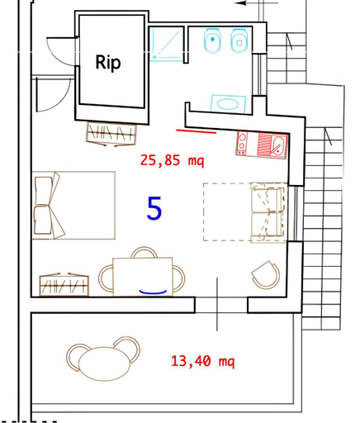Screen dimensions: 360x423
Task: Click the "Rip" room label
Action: [x=108, y=63]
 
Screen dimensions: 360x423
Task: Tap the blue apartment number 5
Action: [x=154, y=208]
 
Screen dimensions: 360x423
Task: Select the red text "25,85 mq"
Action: [x=173, y=160]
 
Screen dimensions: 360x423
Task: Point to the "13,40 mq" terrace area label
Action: [x=203, y=361]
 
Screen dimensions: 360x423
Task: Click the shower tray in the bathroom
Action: [x=167, y=44]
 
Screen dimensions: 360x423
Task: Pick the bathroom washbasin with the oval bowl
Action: [x=228, y=104]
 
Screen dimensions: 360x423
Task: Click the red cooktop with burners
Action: [x=242, y=143]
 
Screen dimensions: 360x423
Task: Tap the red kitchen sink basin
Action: [x=278, y=145]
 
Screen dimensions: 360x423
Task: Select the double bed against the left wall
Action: [x=73, y=205]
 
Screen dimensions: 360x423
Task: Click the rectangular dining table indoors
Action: [x=143, y=277]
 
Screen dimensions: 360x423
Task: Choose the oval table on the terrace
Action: [x=104, y=364]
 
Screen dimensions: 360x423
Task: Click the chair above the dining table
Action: [x=144, y=251]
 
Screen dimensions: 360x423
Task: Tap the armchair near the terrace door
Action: [x=266, y=274]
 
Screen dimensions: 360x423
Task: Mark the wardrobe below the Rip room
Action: [x=111, y=134]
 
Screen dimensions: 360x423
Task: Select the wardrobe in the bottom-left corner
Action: [x=64, y=284]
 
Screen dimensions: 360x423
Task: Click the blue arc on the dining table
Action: [x=153, y=292]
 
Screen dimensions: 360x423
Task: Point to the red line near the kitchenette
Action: [x=196, y=131]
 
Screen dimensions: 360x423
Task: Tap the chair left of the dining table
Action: [x=106, y=278]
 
